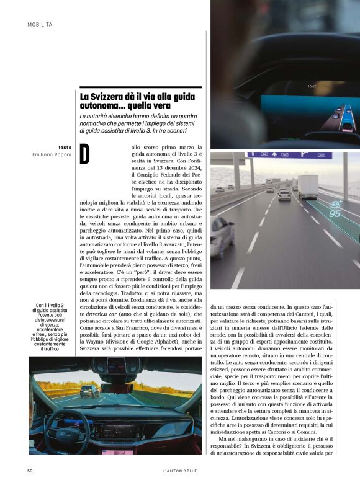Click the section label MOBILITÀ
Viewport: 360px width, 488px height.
[40, 24]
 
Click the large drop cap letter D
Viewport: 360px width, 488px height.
[85, 155]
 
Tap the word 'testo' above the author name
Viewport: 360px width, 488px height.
[65, 147]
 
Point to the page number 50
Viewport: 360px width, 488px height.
[30, 471]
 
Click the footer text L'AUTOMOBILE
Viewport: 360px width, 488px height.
[180, 471]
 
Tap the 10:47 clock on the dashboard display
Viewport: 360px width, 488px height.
[312, 86]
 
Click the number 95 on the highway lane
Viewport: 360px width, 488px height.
[335, 214]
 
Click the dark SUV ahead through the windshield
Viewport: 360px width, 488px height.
[89, 391]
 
